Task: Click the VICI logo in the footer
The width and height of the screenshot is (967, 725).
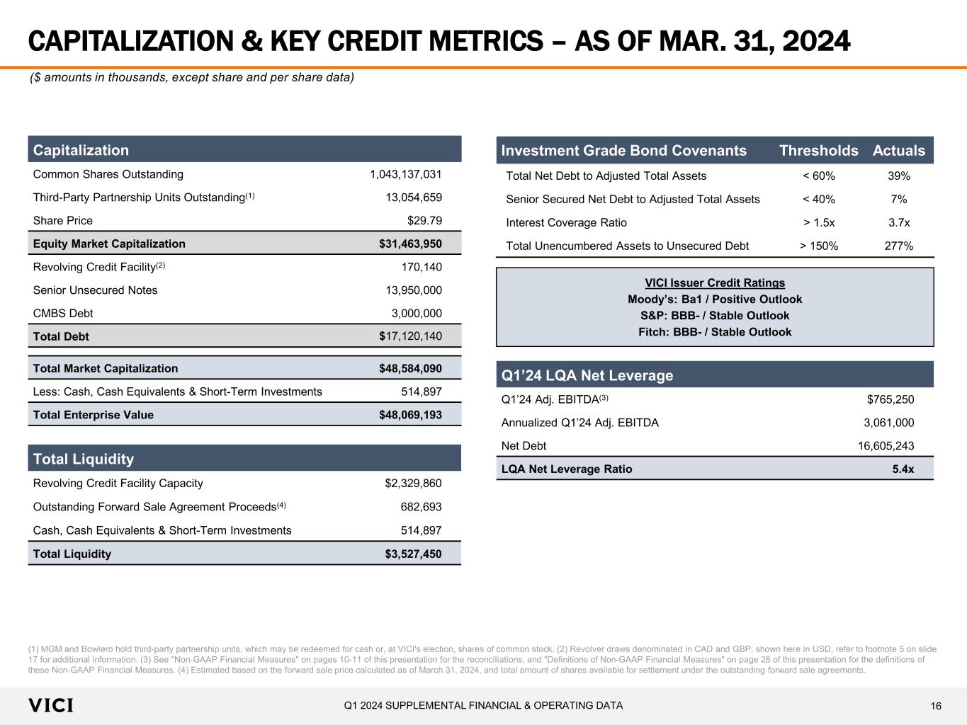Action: [x=51, y=705]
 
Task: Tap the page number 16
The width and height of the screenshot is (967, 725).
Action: [x=936, y=706]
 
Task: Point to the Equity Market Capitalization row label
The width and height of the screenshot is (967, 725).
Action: [x=109, y=244]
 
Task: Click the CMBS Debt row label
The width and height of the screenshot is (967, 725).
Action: [x=63, y=313]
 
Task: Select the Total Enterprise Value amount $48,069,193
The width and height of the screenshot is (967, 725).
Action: [x=410, y=415]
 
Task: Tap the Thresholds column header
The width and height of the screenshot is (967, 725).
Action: [x=818, y=150]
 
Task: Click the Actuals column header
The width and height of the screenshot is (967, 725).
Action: [x=899, y=150]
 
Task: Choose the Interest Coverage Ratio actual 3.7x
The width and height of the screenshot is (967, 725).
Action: [x=899, y=222]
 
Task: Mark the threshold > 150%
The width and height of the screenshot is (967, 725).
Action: [x=819, y=246]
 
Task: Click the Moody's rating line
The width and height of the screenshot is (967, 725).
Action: [x=715, y=299]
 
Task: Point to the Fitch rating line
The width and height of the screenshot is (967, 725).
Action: [x=715, y=332]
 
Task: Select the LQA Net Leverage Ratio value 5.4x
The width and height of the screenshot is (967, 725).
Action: [x=903, y=469]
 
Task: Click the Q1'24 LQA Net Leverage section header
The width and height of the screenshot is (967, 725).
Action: [x=587, y=375]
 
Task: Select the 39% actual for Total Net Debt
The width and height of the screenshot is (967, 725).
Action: [x=899, y=176]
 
